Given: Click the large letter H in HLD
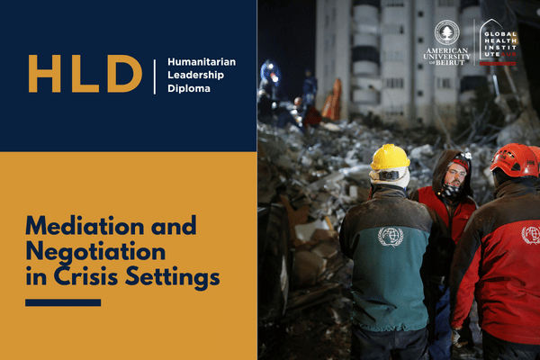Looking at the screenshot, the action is [45, 74].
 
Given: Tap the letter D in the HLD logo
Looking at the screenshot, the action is [124, 74].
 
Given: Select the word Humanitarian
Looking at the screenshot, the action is [202, 62].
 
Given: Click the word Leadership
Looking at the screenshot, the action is [195, 75].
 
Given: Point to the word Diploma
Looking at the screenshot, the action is [189, 88].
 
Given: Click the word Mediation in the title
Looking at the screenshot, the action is [85, 226].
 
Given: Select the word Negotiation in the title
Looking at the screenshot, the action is [95, 252].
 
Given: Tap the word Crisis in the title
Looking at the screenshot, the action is [86, 276].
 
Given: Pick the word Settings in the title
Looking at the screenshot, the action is [172, 278].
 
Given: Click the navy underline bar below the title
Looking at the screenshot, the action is [63, 302].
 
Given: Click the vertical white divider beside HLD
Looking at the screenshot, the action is [155, 76].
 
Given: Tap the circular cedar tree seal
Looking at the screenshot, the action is [447, 32].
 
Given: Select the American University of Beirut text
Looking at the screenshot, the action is [447, 57].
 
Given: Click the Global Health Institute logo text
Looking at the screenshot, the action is [500, 44].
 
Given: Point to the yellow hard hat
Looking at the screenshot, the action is [390, 157].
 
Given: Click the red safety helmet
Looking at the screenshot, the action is [515, 160].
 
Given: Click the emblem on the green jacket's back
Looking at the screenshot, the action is [391, 237].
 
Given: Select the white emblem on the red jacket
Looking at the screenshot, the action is [531, 235].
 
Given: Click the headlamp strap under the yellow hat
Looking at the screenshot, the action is [389, 175].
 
